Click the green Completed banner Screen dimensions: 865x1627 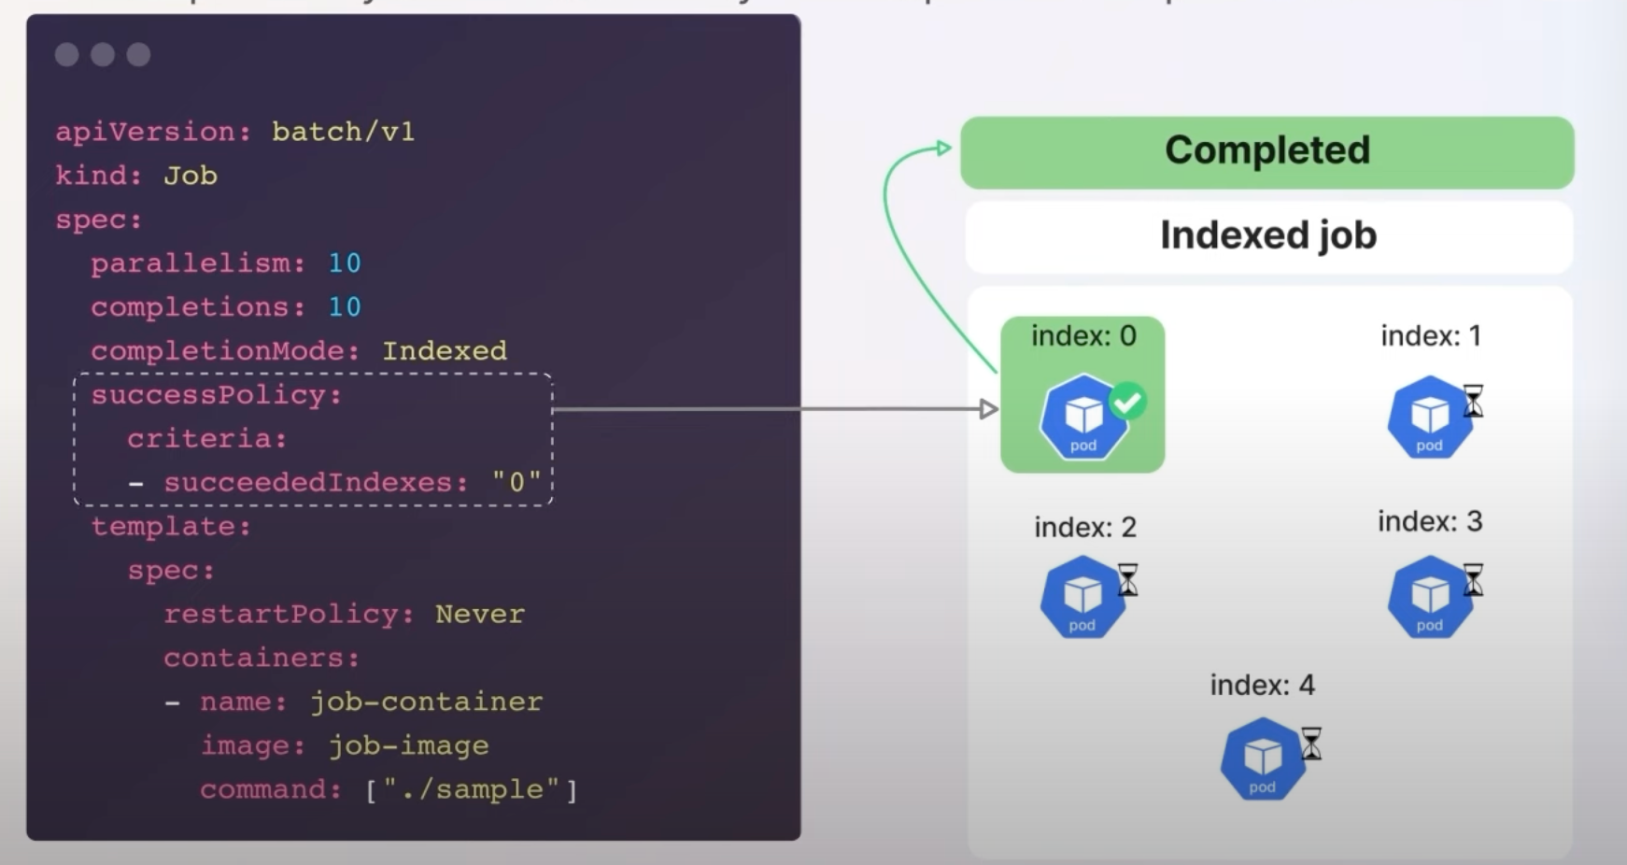pos(1266,151)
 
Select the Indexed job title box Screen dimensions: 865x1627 pos(1267,235)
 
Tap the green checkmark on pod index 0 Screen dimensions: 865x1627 pos(1127,402)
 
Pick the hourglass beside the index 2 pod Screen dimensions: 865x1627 pos(1128,580)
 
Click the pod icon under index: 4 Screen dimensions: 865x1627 pos(1262,759)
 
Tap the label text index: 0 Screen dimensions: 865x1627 pos(1083,336)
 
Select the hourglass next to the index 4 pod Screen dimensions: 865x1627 pos(1311,744)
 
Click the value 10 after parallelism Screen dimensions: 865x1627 pos(344,263)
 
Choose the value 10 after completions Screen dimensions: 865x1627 pos(344,307)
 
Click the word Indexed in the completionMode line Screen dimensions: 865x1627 pos(444,351)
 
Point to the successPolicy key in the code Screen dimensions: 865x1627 pos(217,395)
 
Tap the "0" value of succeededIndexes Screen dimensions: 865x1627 pos(516,483)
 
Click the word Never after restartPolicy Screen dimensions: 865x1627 pos(479,615)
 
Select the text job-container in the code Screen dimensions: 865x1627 pos(426,702)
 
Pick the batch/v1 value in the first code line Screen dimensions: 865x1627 pos(343,132)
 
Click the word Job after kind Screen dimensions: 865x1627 pos(191,176)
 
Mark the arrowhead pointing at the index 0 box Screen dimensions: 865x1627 pos(989,409)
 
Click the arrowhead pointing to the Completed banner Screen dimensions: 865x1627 pos(943,148)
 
